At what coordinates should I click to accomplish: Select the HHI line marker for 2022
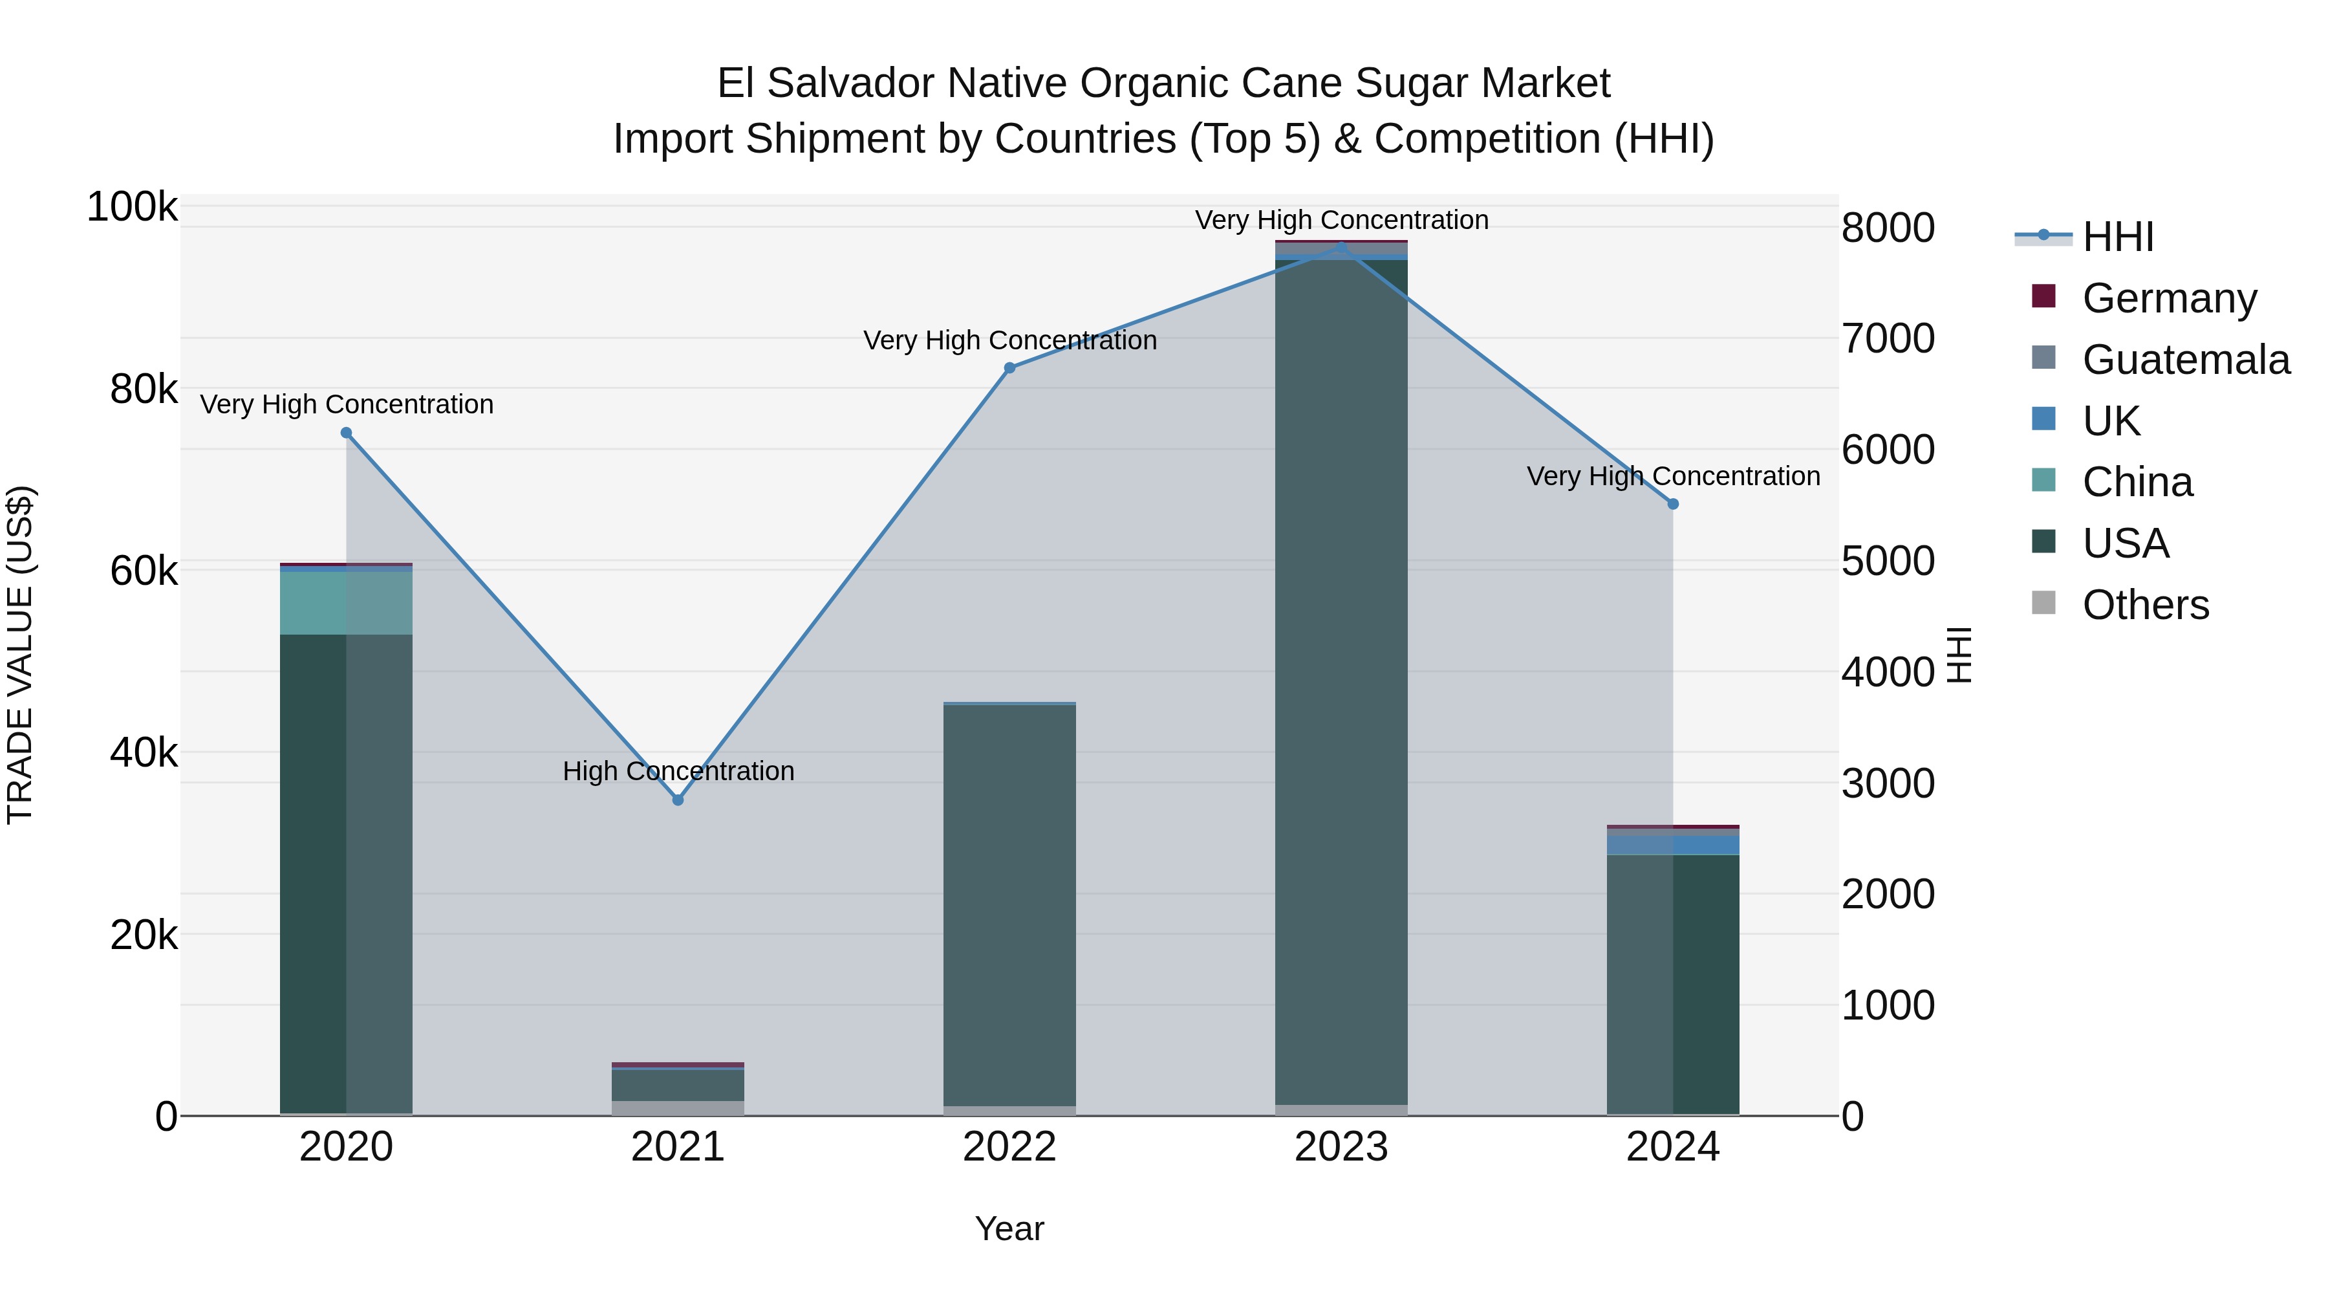point(1009,368)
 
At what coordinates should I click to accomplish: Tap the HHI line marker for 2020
point(346,433)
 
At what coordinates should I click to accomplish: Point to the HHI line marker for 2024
point(1673,503)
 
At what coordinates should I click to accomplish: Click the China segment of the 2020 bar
point(346,603)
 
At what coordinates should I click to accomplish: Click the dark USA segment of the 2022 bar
point(1009,904)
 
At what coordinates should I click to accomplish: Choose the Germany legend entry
point(2169,298)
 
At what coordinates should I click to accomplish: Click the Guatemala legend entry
point(2185,360)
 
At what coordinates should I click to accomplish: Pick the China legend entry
point(2137,482)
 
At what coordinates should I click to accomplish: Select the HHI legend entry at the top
point(2117,237)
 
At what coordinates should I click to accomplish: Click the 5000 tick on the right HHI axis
point(1888,562)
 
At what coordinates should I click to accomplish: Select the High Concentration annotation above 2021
point(678,771)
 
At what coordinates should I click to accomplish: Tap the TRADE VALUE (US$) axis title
point(20,655)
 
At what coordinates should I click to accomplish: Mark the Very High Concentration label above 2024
point(1673,476)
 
